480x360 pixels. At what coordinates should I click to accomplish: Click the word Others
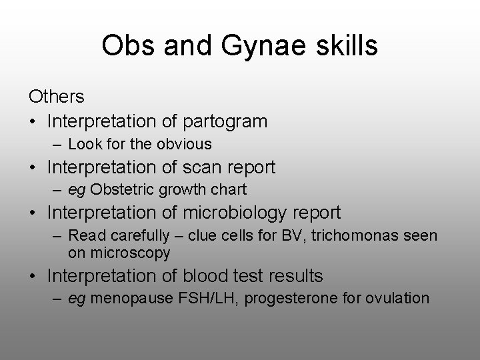pyautogui.click(x=57, y=97)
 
